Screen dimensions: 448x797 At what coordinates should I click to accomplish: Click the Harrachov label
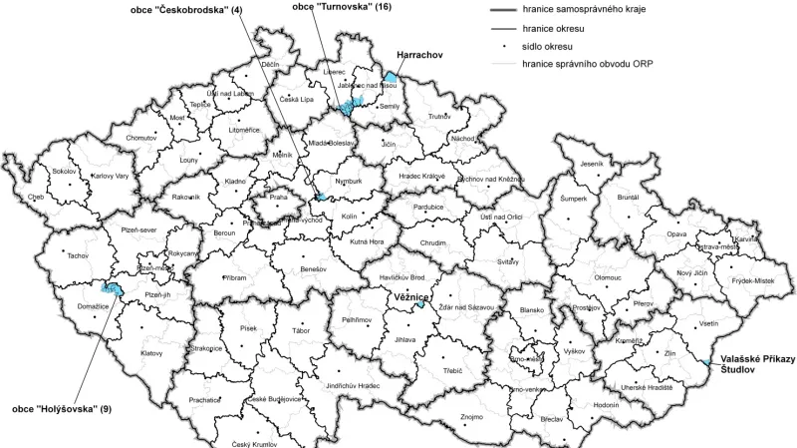(x=419, y=54)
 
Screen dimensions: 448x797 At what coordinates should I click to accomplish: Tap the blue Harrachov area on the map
(x=392, y=76)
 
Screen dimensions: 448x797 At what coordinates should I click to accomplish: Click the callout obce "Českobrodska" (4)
(x=186, y=10)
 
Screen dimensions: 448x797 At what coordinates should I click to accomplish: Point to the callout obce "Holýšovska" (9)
(x=61, y=408)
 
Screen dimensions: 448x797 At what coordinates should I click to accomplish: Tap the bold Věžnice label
(x=408, y=297)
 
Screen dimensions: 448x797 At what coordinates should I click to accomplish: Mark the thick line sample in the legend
(x=508, y=10)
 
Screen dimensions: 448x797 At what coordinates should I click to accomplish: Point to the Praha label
(x=278, y=198)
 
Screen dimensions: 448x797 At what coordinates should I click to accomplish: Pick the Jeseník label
(x=592, y=163)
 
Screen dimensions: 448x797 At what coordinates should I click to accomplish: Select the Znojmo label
(x=472, y=415)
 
